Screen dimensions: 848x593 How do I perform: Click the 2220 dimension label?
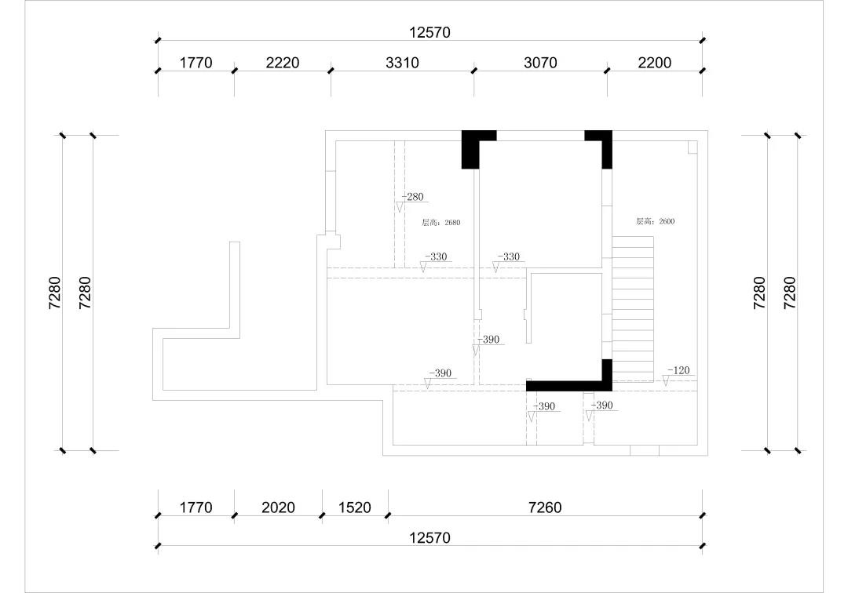coord(283,63)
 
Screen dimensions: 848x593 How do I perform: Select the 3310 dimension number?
coord(402,63)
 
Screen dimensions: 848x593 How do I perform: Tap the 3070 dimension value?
coord(540,63)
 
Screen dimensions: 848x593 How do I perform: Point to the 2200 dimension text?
coord(654,63)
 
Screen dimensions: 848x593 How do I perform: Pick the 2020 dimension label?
coord(278,508)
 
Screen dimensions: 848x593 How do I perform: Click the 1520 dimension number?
coord(355,508)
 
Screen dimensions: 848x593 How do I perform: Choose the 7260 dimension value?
coord(545,508)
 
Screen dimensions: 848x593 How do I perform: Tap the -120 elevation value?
coord(678,370)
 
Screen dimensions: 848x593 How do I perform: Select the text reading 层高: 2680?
coord(440,223)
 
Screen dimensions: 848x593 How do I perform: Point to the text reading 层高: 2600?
coord(655,221)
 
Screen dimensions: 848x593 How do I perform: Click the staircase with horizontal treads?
coord(632,310)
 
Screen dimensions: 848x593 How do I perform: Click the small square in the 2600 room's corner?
coord(693,147)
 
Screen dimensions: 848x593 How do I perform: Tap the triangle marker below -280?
coord(400,207)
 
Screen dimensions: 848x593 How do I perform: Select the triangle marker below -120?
coord(666,380)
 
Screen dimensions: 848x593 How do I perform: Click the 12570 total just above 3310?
coord(429,32)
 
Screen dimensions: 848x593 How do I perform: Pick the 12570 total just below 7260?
coord(429,538)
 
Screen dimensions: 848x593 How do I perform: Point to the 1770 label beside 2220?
coord(196,63)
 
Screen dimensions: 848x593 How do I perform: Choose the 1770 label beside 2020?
coord(196,508)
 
